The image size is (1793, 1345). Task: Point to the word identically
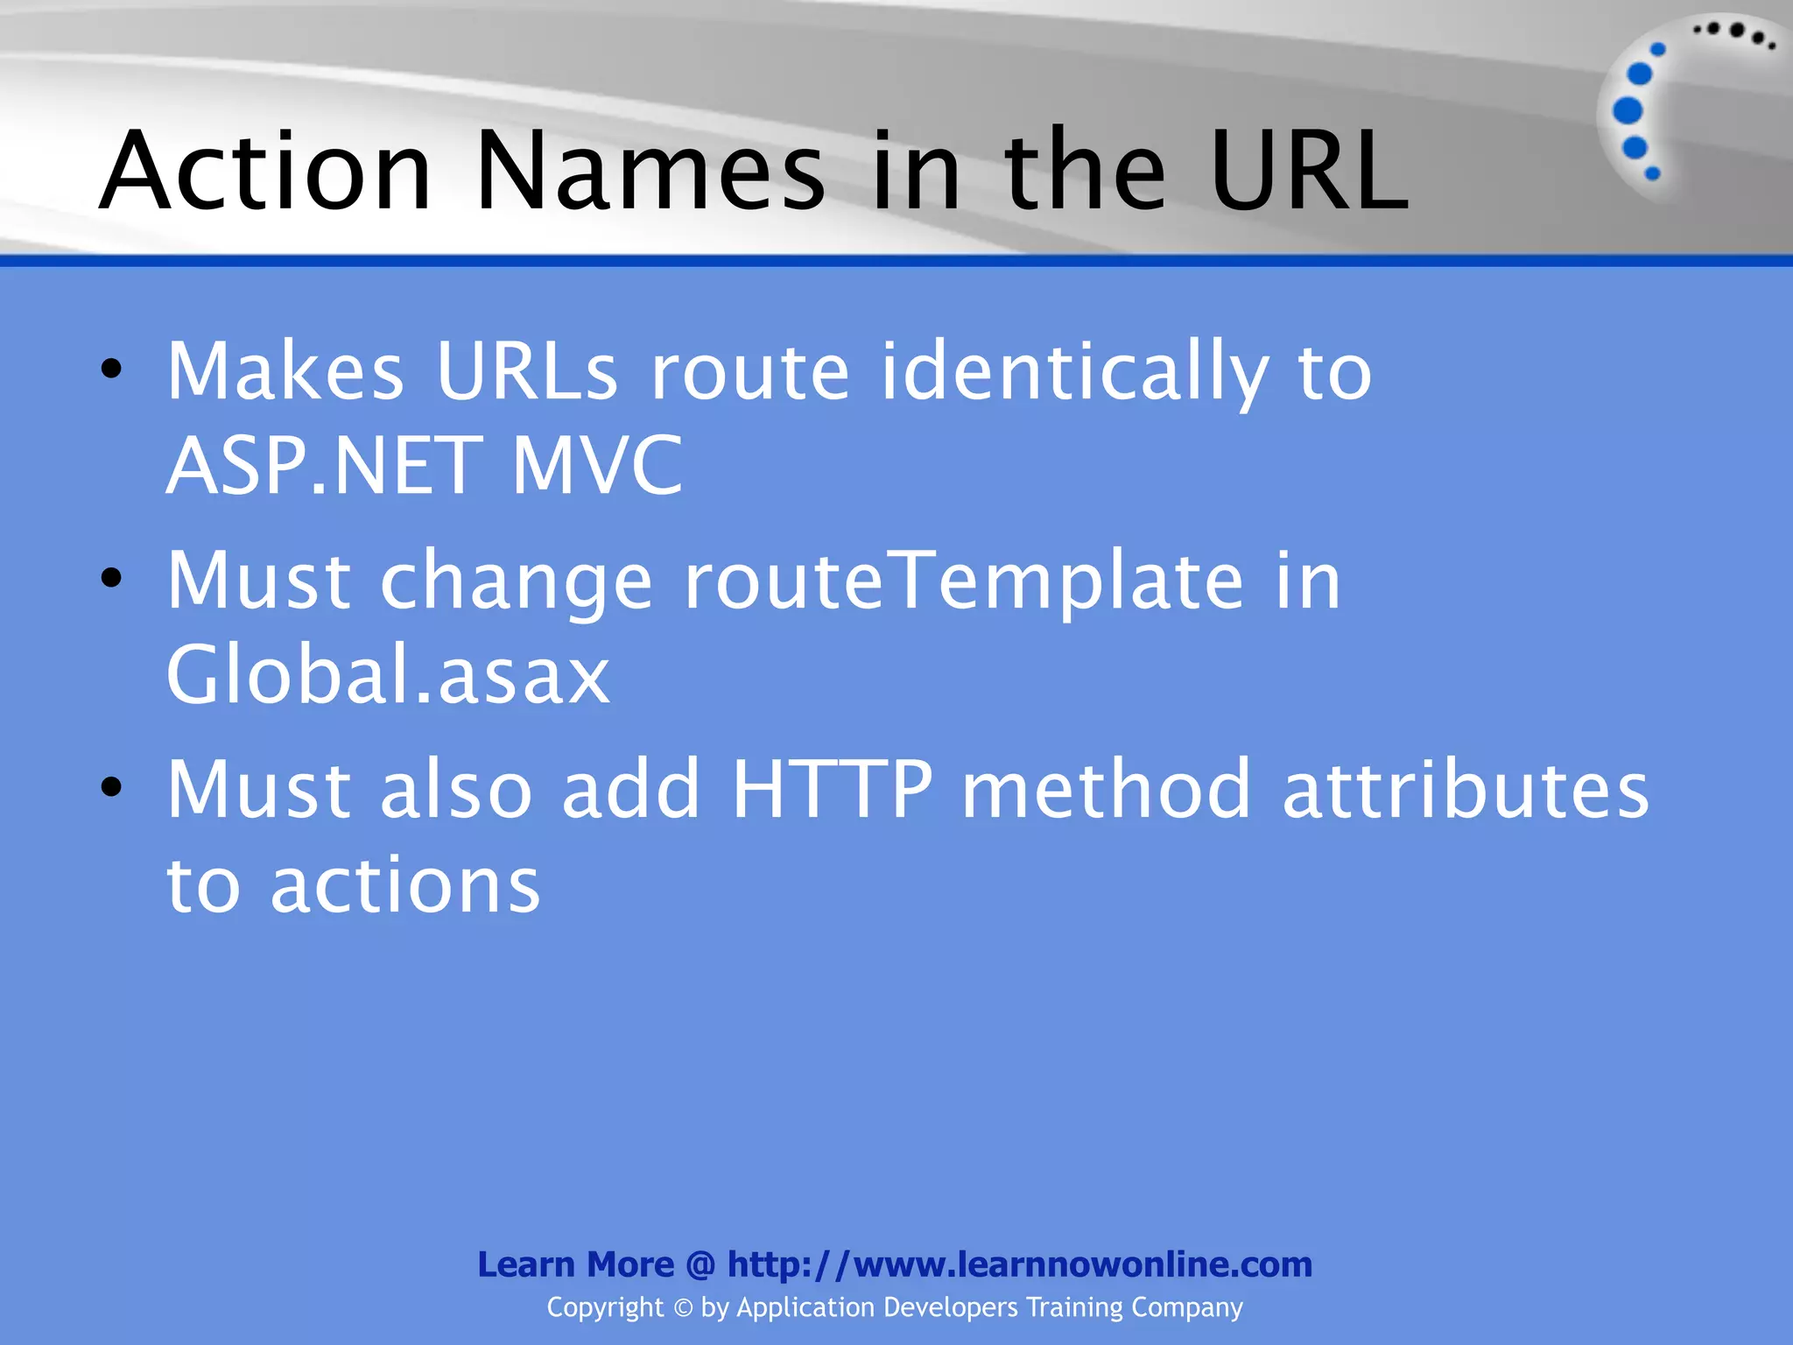click(1074, 373)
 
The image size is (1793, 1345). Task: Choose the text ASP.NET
click(324, 465)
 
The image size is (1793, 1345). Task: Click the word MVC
click(596, 465)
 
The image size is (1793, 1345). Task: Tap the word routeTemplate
click(963, 581)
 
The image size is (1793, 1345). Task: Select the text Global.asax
click(388, 674)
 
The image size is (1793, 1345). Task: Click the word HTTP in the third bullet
click(833, 790)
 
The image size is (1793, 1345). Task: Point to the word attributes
click(1466, 790)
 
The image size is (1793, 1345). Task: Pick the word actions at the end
click(405, 885)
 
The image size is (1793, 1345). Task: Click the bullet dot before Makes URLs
click(111, 369)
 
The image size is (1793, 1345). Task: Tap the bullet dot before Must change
click(111, 578)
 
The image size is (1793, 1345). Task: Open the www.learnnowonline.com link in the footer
click(1020, 1264)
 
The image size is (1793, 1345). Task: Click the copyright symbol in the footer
click(683, 1308)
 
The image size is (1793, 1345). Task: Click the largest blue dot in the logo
click(1628, 111)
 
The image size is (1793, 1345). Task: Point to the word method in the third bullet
click(1107, 790)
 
